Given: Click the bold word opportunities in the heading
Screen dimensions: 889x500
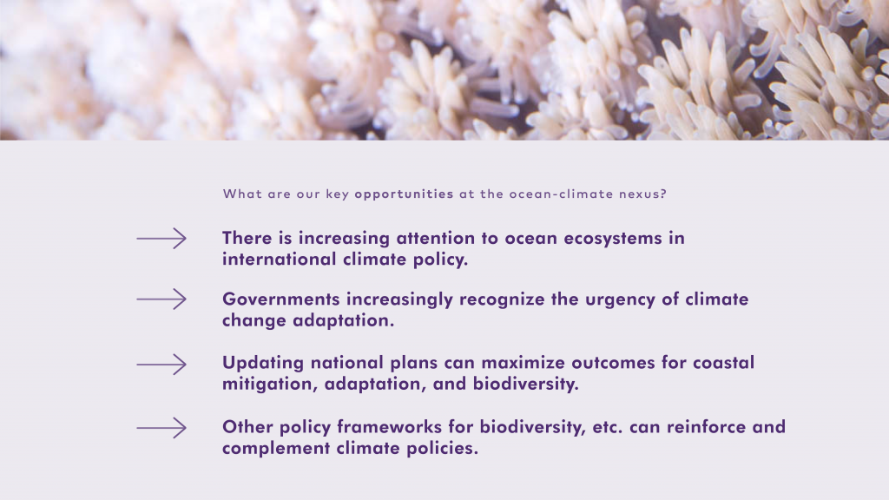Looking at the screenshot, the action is [x=404, y=194].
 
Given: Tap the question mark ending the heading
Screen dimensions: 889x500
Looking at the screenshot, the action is [x=663, y=194].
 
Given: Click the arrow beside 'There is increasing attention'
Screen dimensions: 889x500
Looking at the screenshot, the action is [x=161, y=239].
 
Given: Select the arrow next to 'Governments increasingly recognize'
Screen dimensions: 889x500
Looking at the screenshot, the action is [x=161, y=299].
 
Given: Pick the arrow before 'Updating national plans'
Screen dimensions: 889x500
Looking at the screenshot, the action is [x=161, y=365].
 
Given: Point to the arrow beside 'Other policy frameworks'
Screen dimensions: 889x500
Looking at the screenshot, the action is [x=161, y=428].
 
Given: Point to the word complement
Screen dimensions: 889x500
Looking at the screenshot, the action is [x=276, y=449].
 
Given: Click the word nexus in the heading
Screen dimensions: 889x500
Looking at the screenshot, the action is [x=639, y=194].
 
